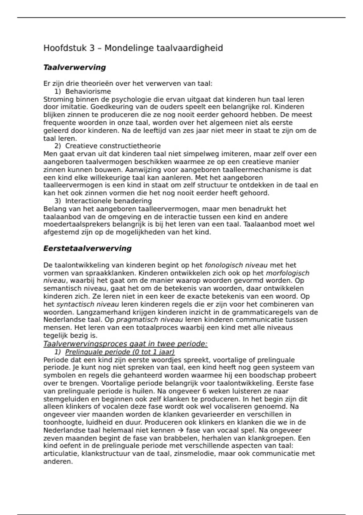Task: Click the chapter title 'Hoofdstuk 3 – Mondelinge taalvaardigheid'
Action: pos(133,48)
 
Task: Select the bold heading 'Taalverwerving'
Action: pos(74,67)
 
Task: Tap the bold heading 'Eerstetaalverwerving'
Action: pos(87,248)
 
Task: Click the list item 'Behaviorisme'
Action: pos(88,91)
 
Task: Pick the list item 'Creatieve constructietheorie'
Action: pos(113,146)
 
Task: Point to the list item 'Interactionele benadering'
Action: pos(108,201)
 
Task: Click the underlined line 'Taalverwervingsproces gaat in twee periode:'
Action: pos(125,344)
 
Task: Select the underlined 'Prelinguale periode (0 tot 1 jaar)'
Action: pos(120,352)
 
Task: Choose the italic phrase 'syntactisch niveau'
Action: pos(88,304)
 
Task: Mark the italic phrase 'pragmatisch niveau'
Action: pos(149,320)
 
